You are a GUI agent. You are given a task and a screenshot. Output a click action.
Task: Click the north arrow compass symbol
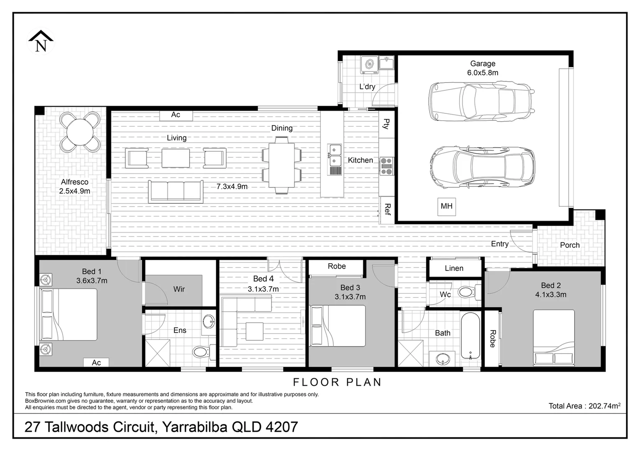pyautogui.click(x=41, y=41)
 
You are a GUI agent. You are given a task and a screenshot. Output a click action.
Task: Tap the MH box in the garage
pyautogui.click(x=446, y=206)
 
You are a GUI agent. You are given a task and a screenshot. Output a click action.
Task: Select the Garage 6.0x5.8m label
pyautogui.click(x=482, y=68)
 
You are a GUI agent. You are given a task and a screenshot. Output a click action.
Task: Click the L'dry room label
pyautogui.click(x=367, y=87)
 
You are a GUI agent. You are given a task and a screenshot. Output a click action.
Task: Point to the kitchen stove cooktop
pyautogui.click(x=386, y=166)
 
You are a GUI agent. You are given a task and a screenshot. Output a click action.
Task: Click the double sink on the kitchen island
pyautogui.click(x=335, y=155)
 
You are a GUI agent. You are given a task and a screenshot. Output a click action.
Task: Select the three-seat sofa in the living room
pyautogui.click(x=176, y=192)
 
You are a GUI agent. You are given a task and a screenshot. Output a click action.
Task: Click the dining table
pyautogui.click(x=282, y=165)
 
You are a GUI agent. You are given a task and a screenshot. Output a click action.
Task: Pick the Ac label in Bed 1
pyautogui.click(x=96, y=362)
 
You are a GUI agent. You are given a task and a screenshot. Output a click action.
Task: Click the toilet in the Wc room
pyautogui.click(x=468, y=292)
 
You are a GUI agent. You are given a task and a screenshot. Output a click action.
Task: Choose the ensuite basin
pyautogui.click(x=209, y=322)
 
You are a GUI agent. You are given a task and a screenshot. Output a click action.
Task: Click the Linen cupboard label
pyautogui.click(x=454, y=268)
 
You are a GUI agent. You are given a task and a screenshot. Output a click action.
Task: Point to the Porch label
pyautogui.click(x=570, y=245)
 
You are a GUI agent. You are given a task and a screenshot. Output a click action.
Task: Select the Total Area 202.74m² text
pyautogui.click(x=584, y=406)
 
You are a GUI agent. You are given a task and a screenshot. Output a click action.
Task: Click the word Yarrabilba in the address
pyautogui.click(x=195, y=427)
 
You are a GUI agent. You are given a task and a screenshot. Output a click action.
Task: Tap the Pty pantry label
pyautogui.click(x=387, y=124)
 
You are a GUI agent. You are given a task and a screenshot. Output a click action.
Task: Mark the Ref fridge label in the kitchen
pyautogui.click(x=387, y=209)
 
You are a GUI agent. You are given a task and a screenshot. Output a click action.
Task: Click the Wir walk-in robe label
pyautogui.click(x=179, y=289)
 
